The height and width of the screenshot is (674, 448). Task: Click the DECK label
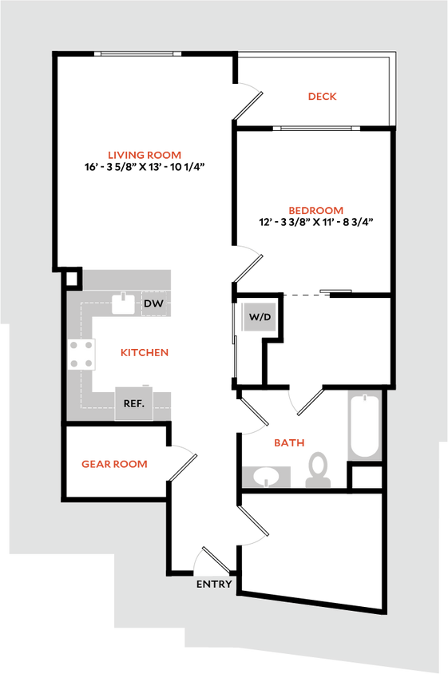point(323,97)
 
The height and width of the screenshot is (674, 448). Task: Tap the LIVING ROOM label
point(145,156)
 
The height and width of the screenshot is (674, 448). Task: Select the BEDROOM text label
point(315,212)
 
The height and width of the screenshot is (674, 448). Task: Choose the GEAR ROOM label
point(113,464)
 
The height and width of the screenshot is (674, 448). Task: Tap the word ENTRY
point(214,585)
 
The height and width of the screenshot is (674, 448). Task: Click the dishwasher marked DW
point(154,304)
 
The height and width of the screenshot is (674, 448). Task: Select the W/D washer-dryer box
point(260,317)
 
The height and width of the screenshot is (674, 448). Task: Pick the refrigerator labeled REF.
point(133,403)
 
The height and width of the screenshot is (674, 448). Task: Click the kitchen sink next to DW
point(123,303)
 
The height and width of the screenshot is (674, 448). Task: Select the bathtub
point(364,426)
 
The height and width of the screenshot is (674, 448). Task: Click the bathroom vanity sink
point(262,478)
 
